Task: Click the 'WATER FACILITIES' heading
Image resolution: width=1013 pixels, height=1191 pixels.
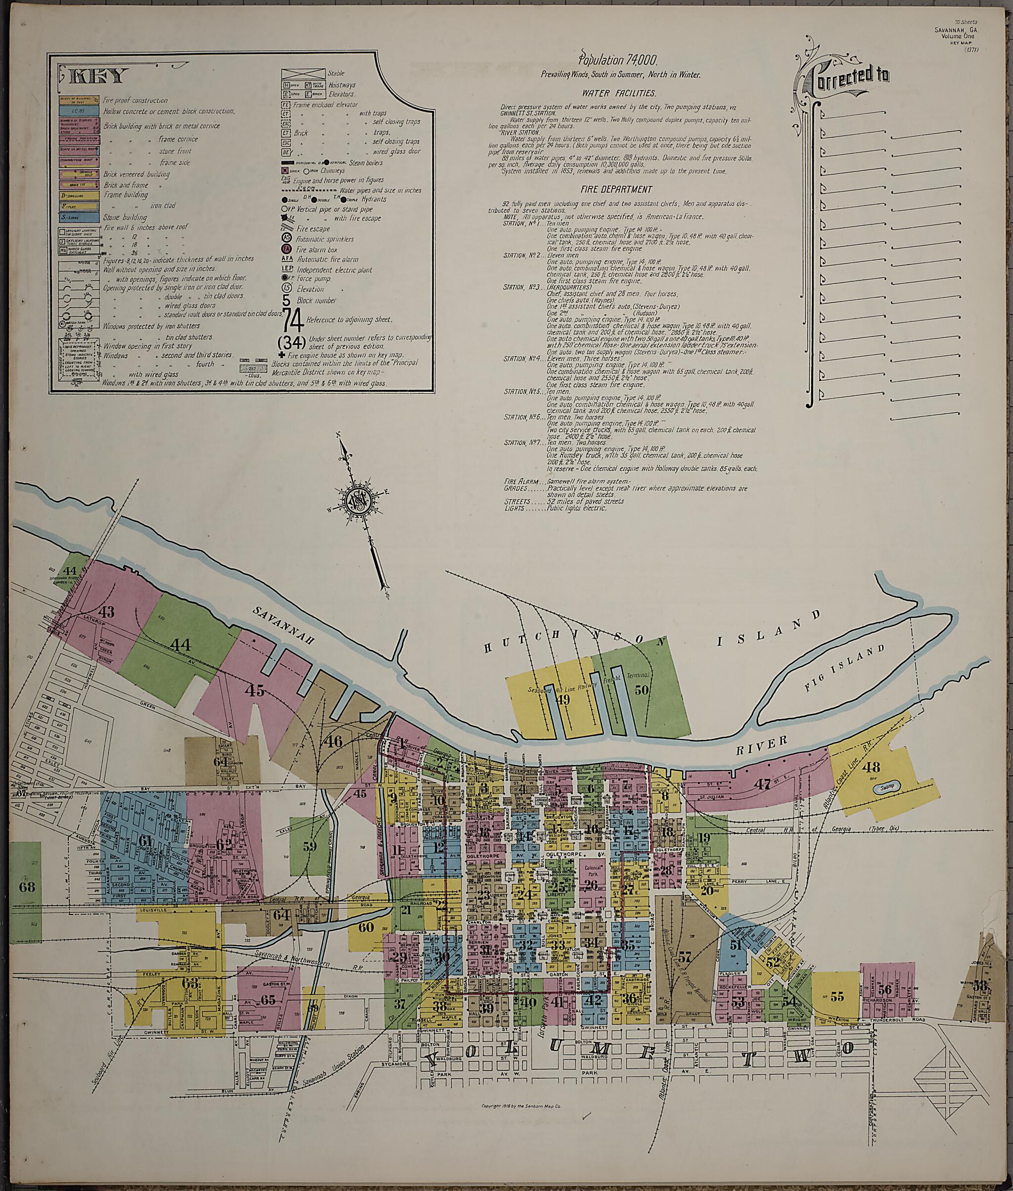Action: [x=618, y=92]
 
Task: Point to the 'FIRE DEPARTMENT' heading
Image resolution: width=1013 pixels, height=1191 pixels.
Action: [x=616, y=189]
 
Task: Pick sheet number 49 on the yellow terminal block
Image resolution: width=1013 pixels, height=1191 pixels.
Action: [x=563, y=699]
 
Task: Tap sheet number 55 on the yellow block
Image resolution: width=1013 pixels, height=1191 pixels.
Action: [x=837, y=996]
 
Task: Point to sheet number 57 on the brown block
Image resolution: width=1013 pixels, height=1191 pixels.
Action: [x=684, y=957]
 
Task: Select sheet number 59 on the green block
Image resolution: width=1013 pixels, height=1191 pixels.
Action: [x=310, y=845]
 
